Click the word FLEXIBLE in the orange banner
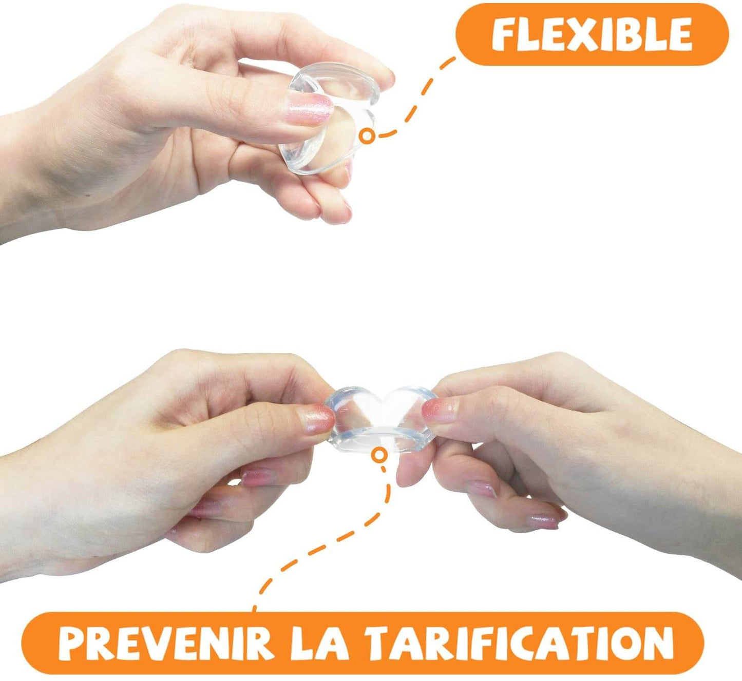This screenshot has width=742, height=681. click(x=592, y=34)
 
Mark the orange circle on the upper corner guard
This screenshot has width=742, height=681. click(x=367, y=137)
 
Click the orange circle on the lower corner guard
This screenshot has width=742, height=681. click(x=378, y=454)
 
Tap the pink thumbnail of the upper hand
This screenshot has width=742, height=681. click(x=309, y=110)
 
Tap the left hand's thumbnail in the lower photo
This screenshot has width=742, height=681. click(x=317, y=419)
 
